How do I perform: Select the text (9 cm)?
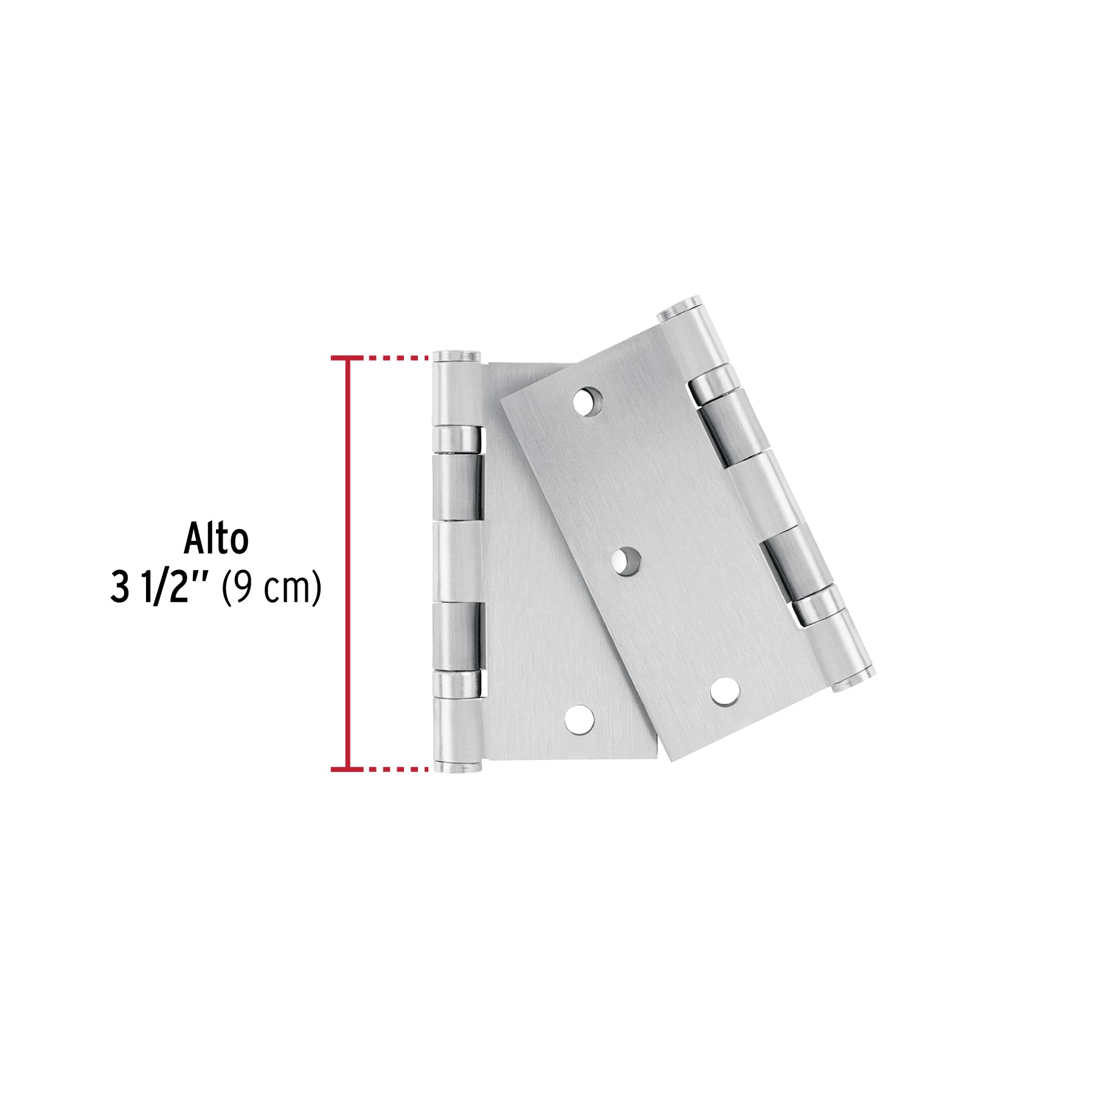(271, 589)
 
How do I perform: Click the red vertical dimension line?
(348, 563)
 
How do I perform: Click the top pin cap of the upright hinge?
(456, 355)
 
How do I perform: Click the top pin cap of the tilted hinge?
(680, 308)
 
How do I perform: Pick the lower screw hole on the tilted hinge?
(725, 692)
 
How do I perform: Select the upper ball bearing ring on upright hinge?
(457, 439)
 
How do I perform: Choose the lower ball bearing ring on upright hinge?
(457, 684)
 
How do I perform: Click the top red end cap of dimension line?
(348, 358)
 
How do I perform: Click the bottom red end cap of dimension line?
(348, 770)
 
